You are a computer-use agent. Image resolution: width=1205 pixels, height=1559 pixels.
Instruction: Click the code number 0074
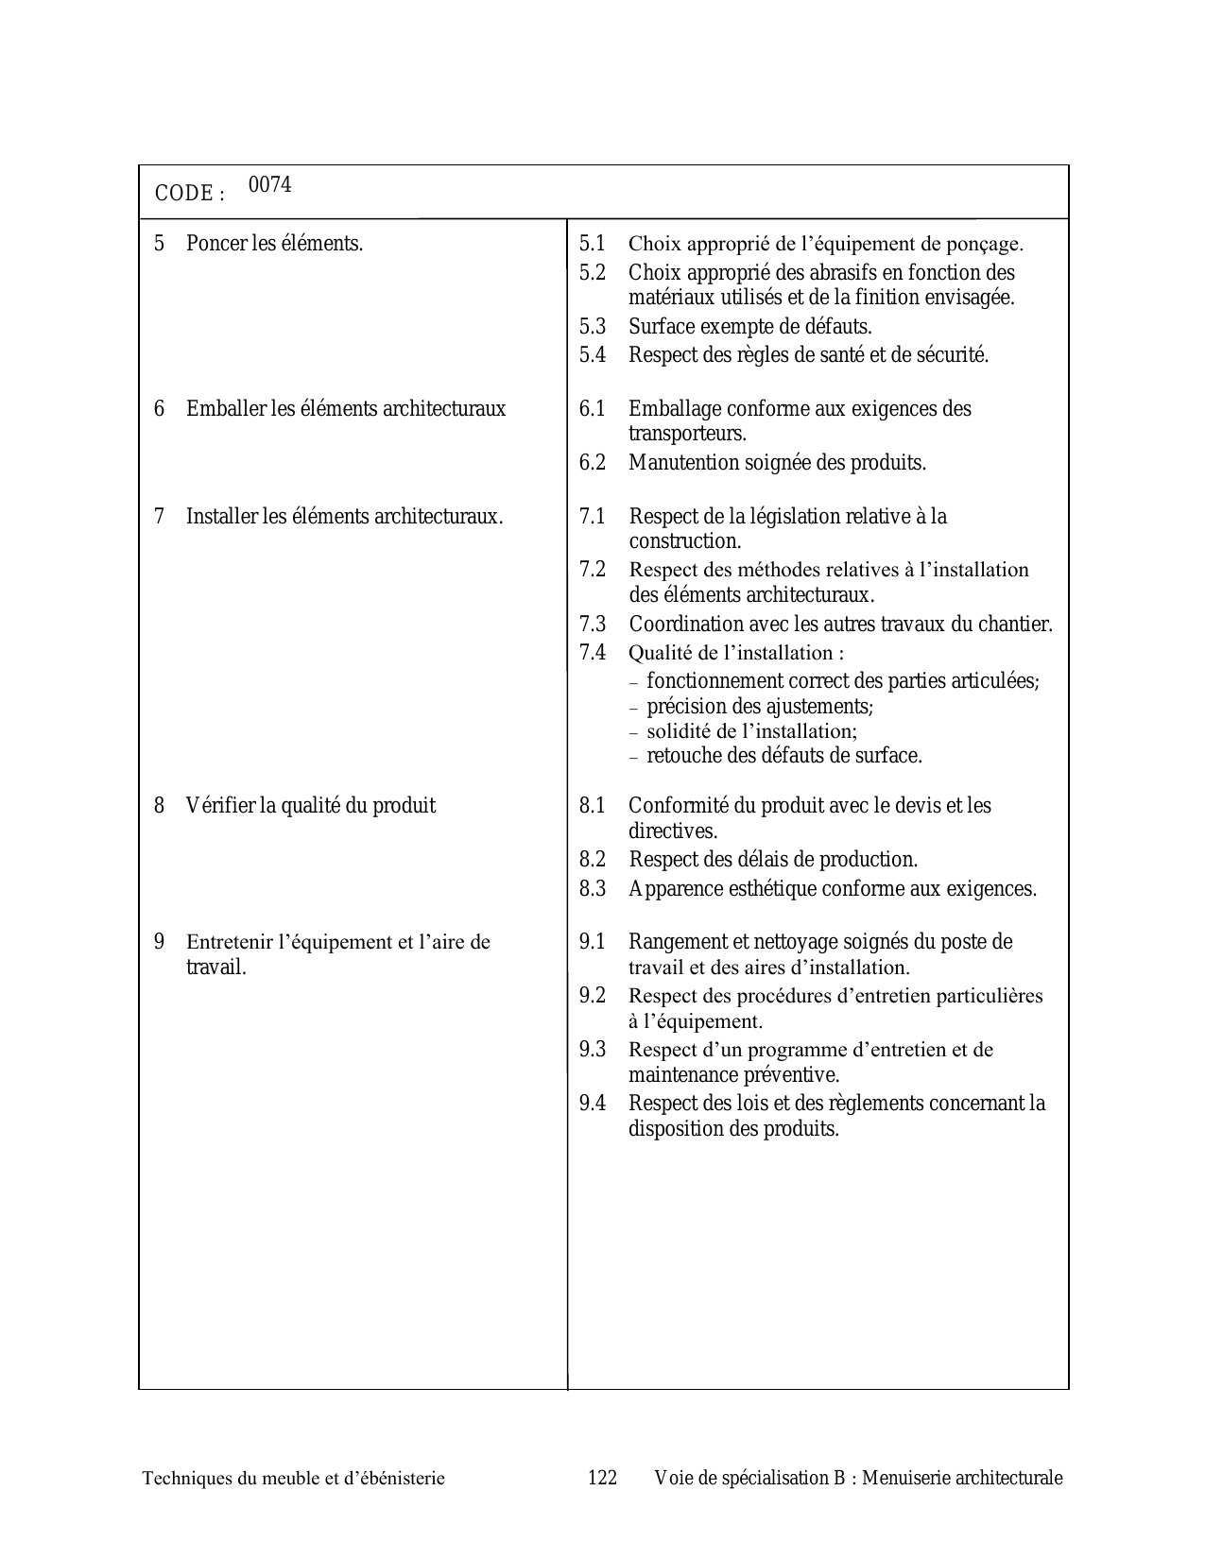pos(269,185)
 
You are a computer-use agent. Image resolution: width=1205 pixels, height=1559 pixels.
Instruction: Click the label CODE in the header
pos(183,194)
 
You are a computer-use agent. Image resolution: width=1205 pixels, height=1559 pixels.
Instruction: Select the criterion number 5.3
pos(593,327)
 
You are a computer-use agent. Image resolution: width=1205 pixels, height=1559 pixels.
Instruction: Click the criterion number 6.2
pos(593,463)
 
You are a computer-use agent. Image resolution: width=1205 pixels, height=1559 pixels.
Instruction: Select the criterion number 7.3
pos(593,625)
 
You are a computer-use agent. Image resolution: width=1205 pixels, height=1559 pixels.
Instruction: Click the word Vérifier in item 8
pos(220,806)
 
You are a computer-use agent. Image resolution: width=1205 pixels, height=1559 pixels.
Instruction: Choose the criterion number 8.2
pos(593,860)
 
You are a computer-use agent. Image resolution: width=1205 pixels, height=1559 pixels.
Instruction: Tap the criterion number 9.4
pos(593,1104)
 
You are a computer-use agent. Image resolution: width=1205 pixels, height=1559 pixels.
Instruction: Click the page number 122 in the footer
pos(602,1479)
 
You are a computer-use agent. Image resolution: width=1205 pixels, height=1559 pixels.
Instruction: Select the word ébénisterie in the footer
pos(398,1479)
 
